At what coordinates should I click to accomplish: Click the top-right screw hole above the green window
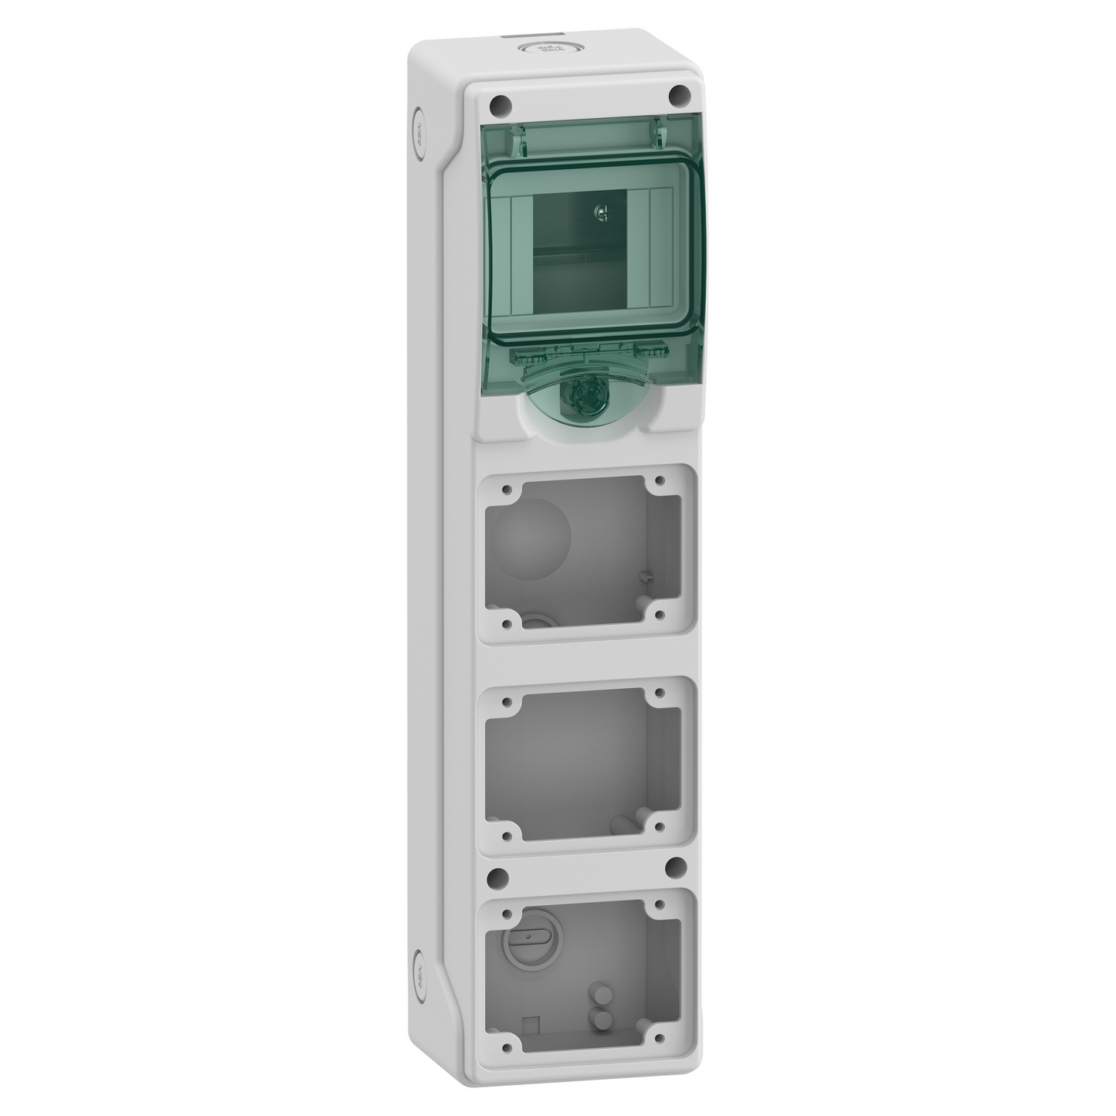(680, 93)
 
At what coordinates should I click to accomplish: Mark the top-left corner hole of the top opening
(507, 490)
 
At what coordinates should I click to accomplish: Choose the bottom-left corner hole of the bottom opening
(507, 1046)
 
